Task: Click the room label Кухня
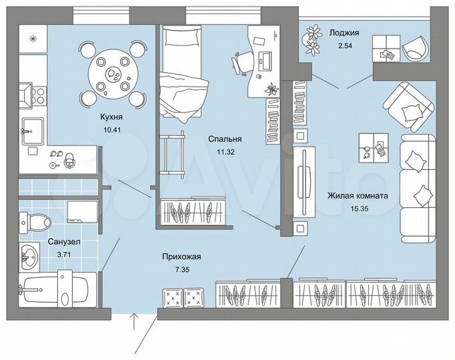coord(111,117)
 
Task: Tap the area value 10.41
coord(111,129)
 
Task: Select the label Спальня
coord(224,139)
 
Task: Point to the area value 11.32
coord(224,151)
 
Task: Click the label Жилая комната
coord(358,196)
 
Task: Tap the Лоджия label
coord(344,32)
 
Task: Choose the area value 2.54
coord(344,45)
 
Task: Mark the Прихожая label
coord(182,256)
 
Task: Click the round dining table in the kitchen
coord(111,74)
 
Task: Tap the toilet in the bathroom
coord(35,220)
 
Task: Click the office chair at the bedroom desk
coord(241,62)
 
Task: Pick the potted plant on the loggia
coord(313,39)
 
